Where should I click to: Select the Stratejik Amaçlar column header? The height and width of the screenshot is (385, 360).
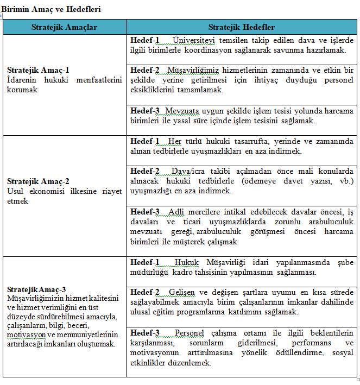click(x=64, y=27)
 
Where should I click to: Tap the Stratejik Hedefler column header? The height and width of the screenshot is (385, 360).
click(x=241, y=27)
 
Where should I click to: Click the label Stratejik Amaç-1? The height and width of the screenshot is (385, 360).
click(x=38, y=70)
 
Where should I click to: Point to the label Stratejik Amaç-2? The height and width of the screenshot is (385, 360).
click(x=38, y=181)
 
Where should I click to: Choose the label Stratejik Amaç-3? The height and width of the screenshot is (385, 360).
click(x=37, y=289)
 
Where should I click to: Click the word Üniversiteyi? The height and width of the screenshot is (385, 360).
click(x=194, y=40)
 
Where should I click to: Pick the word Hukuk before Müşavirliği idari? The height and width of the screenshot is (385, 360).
click(x=187, y=262)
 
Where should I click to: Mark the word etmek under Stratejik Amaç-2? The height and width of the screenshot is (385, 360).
click(x=18, y=201)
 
